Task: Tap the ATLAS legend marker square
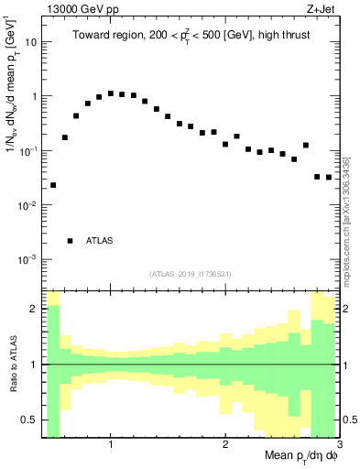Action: (x=70, y=241)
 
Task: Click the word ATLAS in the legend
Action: (x=100, y=241)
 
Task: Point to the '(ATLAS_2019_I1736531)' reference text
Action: (x=191, y=274)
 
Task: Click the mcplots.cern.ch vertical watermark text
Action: (x=349, y=220)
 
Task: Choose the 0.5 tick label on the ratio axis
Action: (x=29, y=420)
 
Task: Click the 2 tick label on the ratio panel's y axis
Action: (x=34, y=309)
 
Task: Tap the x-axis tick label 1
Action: (x=110, y=444)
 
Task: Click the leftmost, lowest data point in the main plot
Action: (x=53, y=185)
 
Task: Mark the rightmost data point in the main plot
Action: (x=329, y=177)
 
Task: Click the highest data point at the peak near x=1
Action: (x=111, y=93)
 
